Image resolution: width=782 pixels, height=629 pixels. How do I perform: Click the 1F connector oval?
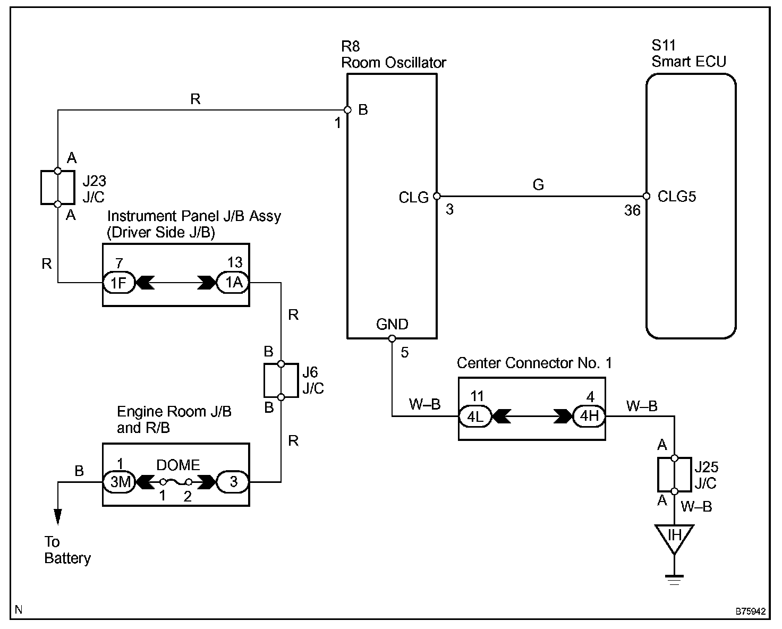pos(119,282)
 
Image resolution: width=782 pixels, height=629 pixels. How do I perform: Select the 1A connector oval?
pos(233,282)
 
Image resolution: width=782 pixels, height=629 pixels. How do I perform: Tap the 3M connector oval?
pos(119,482)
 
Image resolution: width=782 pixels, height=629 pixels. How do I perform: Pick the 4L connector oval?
pos(475,416)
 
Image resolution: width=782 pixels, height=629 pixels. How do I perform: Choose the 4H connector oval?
pos(589,416)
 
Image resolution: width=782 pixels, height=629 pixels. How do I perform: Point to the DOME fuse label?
pos(178,465)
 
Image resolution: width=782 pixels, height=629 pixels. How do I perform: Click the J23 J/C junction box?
pos(58,188)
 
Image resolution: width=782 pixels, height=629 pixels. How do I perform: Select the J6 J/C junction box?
pos(281,380)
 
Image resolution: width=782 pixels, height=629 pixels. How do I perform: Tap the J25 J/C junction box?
pos(675,474)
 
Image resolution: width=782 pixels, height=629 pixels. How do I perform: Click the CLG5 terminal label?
pos(677,197)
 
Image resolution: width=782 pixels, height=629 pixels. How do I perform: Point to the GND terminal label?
pos(392,324)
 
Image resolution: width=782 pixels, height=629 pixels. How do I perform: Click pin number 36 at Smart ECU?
pos(632,210)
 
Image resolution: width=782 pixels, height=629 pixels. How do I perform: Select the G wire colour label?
pos(538,184)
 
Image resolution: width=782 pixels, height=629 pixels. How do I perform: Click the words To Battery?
pos(67,550)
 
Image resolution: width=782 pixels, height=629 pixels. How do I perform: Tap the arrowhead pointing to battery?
pos(58,517)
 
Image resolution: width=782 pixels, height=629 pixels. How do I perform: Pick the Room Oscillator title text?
pos(394,63)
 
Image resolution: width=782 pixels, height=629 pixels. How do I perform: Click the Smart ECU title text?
pos(688,62)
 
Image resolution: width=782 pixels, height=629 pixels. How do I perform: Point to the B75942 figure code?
pos(751,611)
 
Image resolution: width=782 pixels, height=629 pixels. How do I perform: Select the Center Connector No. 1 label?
pos(534,363)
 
